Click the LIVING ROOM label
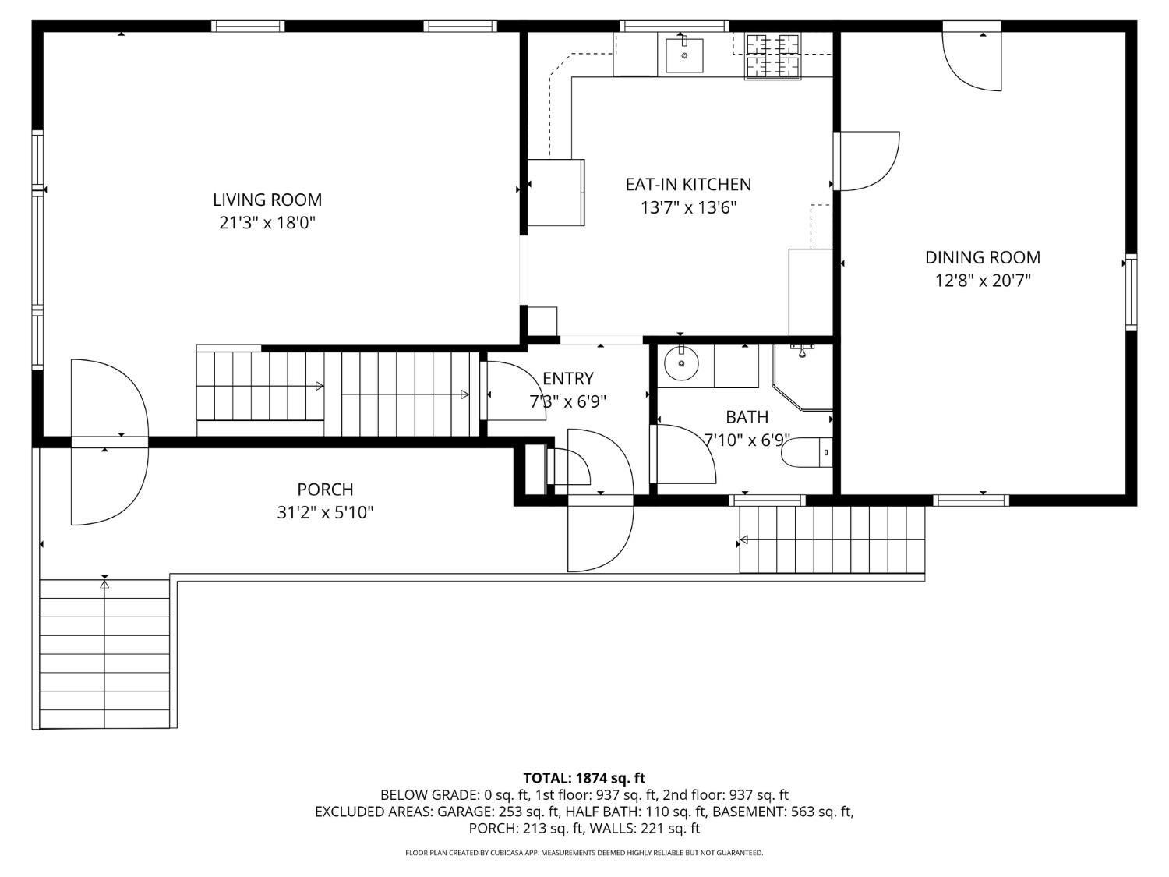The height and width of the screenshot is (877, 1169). tap(267, 200)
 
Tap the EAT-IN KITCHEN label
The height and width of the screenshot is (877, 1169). tap(688, 184)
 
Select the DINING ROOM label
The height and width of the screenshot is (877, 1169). tap(982, 257)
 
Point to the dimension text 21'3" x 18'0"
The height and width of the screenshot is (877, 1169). tap(267, 223)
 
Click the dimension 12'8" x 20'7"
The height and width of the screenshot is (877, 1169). tap(982, 281)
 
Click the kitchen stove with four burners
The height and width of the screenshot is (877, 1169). tap(773, 56)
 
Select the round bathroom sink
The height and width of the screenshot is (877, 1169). tap(681, 363)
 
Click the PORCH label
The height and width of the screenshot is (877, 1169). tap(325, 490)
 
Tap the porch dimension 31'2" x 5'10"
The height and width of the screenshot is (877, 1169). tap(325, 513)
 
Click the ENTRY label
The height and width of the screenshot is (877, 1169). tap(567, 379)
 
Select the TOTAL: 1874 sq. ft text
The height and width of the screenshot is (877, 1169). tap(584, 778)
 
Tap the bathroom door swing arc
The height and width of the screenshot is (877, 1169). tap(686, 456)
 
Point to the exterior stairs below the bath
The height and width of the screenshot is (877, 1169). tap(832, 539)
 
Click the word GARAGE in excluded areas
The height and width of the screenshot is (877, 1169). tap(465, 812)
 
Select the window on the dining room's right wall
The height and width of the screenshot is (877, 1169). tap(1131, 292)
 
